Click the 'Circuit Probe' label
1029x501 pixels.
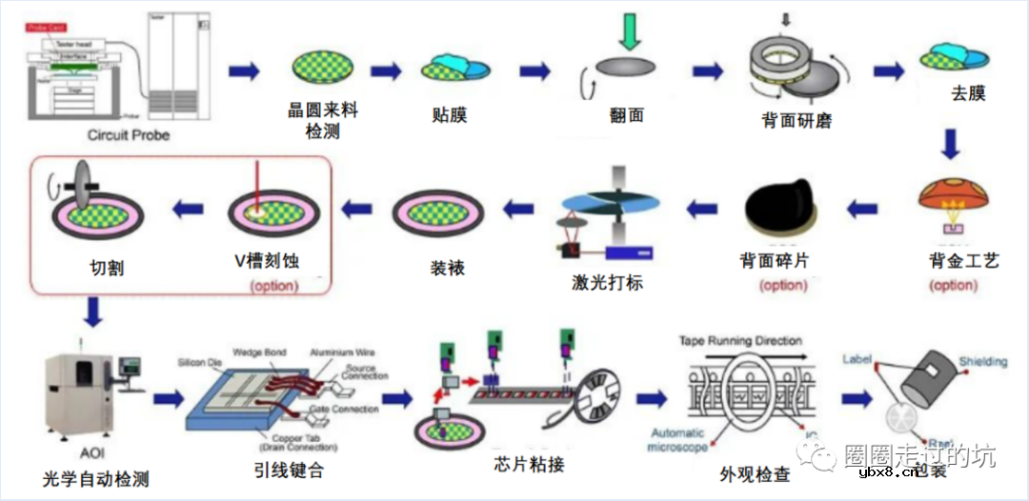128,135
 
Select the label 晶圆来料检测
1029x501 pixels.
323,120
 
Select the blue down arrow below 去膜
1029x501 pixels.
949,144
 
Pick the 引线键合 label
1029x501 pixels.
289,470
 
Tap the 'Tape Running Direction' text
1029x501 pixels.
740,340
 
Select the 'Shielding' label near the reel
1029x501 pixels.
981,362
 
